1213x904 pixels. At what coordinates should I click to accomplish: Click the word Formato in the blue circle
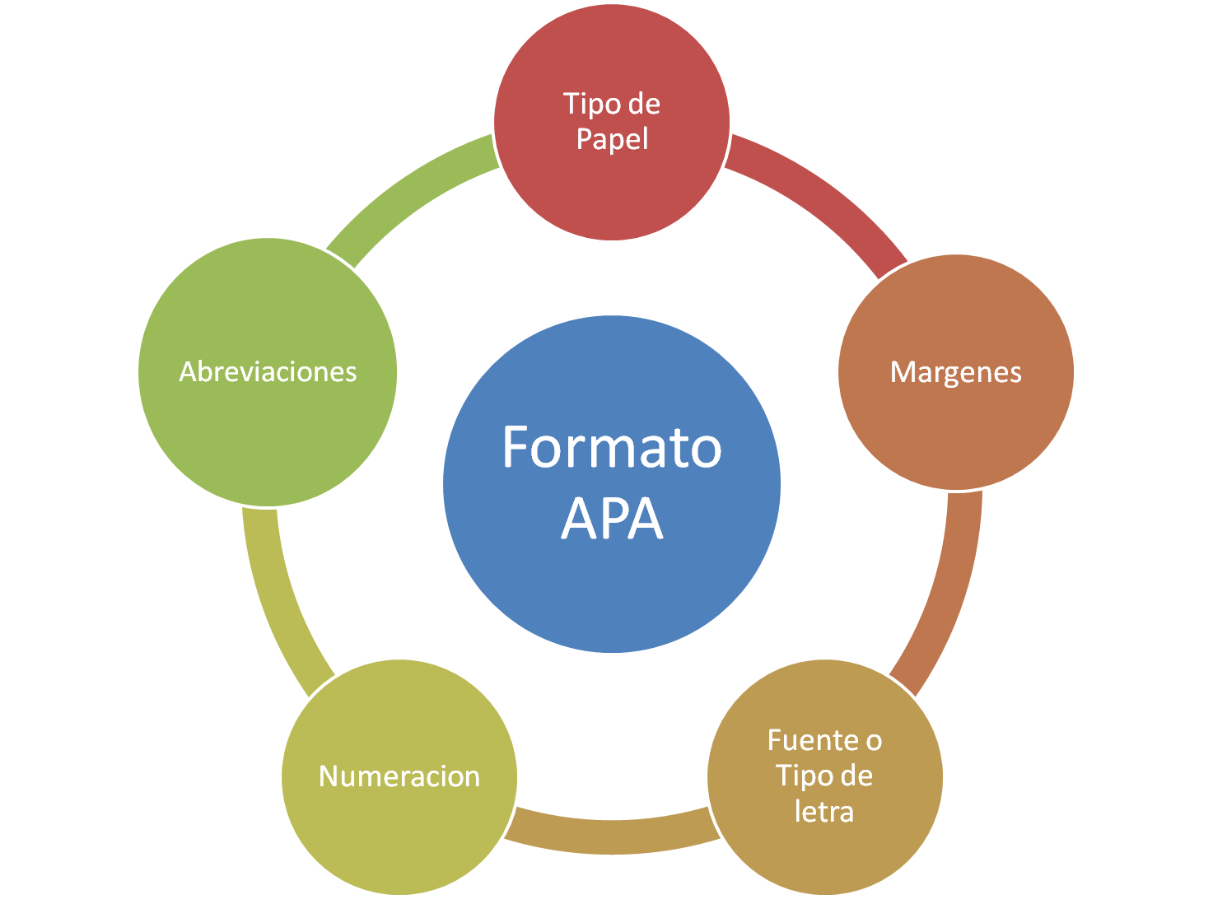611,448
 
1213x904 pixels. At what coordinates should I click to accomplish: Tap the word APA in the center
611,519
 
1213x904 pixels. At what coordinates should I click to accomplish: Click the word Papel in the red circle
612,139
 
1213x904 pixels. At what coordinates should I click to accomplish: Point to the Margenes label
955,372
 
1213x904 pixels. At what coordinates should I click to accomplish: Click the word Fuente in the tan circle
809,740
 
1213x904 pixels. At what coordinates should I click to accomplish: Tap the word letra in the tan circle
823,812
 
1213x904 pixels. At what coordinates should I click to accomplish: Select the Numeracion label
399,776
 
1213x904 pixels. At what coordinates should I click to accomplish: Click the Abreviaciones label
268,372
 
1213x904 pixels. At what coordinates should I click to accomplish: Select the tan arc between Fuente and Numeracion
611,836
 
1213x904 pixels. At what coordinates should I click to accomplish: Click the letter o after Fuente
874,741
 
